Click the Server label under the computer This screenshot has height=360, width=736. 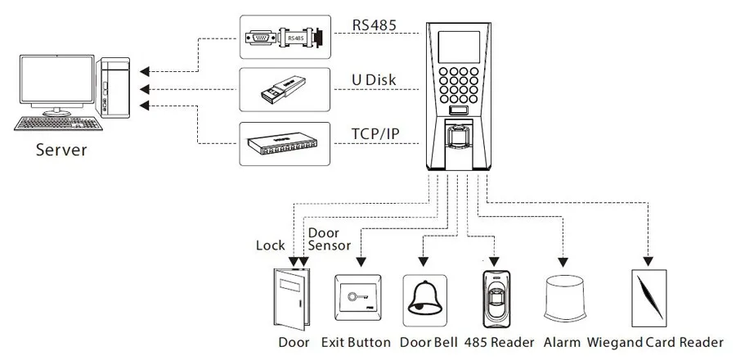click(x=61, y=151)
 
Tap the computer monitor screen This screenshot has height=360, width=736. click(x=56, y=79)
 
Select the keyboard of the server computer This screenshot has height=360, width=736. click(x=58, y=124)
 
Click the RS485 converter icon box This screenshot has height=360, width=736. click(x=285, y=37)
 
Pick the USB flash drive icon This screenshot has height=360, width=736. click(x=283, y=90)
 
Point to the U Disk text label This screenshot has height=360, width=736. click(x=374, y=80)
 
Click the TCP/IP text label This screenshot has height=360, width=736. click(x=375, y=134)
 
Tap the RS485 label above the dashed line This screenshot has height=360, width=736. click(x=374, y=25)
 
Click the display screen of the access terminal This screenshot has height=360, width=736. click(x=459, y=47)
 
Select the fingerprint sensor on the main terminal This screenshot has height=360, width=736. click(x=458, y=135)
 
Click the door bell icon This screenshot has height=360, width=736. click(x=424, y=300)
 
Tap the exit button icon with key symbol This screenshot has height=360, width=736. click(x=357, y=298)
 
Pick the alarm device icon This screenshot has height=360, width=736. click(x=564, y=299)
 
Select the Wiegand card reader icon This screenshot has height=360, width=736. click(x=649, y=298)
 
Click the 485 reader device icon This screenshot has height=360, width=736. click(x=496, y=299)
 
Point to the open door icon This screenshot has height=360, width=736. click(x=291, y=299)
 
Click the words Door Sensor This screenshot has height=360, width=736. click(x=329, y=239)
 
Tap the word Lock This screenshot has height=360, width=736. click(x=271, y=245)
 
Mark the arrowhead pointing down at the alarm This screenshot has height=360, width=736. click(x=563, y=262)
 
